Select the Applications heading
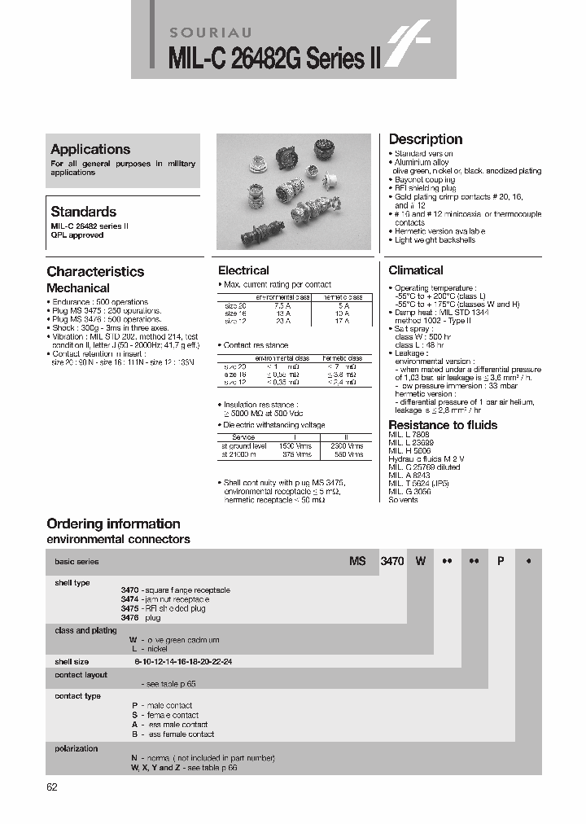(x=90, y=149)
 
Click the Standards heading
(x=83, y=211)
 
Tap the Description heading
(x=425, y=139)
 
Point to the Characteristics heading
(x=95, y=272)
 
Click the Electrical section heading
(x=243, y=270)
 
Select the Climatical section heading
(x=416, y=270)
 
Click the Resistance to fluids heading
(x=443, y=425)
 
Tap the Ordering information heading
(x=113, y=524)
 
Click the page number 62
(x=53, y=787)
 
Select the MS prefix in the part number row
(x=357, y=562)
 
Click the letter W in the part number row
(x=420, y=562)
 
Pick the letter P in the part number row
(x=501, y=562)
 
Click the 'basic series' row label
(x=77, y=562)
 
